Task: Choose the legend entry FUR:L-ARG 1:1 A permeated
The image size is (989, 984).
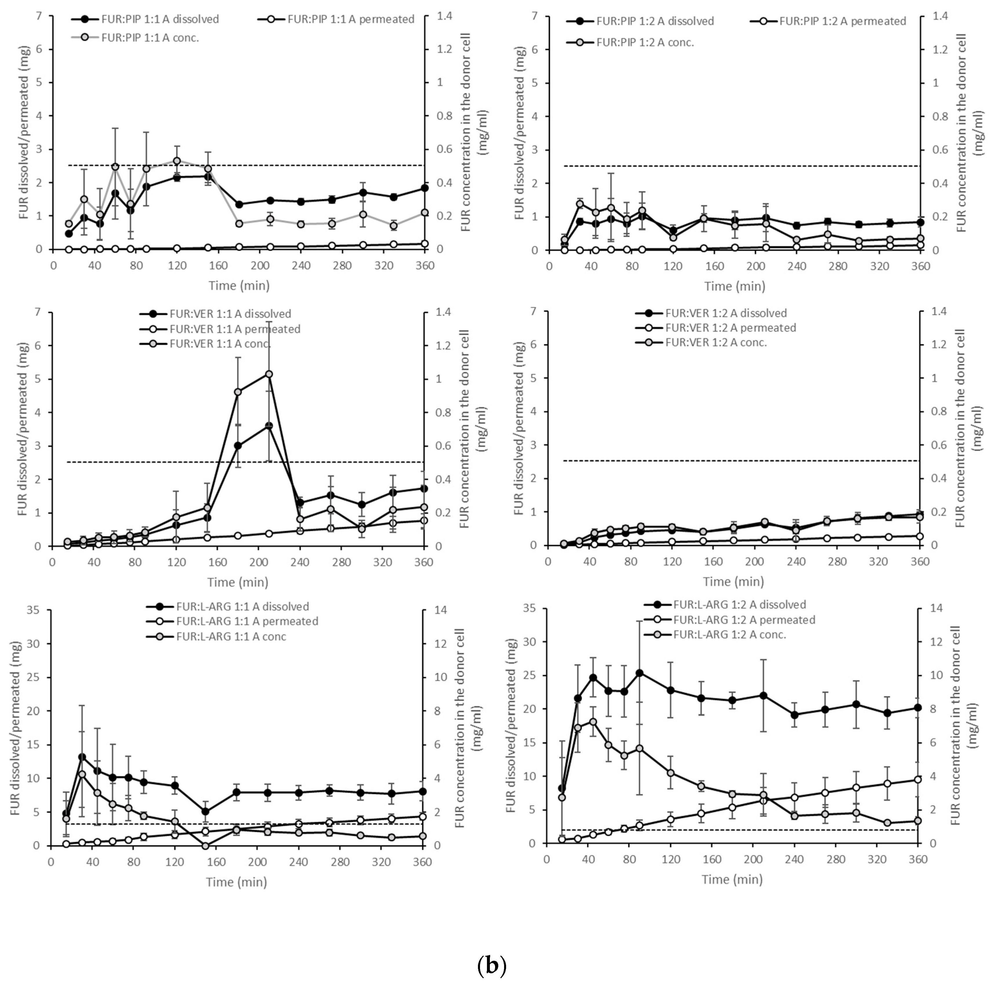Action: [247, 621]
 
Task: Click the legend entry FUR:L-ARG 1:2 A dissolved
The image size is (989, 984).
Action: [739, 605]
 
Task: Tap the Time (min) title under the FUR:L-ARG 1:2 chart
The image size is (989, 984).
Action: [732, 880]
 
